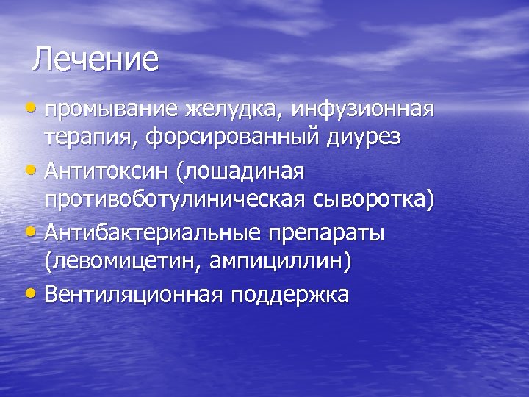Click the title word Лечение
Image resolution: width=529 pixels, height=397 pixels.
(95, 60)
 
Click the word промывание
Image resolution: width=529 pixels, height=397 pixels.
(111, 110)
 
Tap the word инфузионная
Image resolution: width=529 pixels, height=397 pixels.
(363, 110)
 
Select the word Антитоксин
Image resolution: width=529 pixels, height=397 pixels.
(106, 171)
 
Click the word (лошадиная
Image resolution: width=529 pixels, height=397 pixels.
(240, 171)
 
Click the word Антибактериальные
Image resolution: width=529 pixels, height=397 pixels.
(151, 232)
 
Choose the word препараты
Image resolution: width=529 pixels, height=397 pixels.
(327, 232)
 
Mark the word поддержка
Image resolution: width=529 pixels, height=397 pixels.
(289, 294)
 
